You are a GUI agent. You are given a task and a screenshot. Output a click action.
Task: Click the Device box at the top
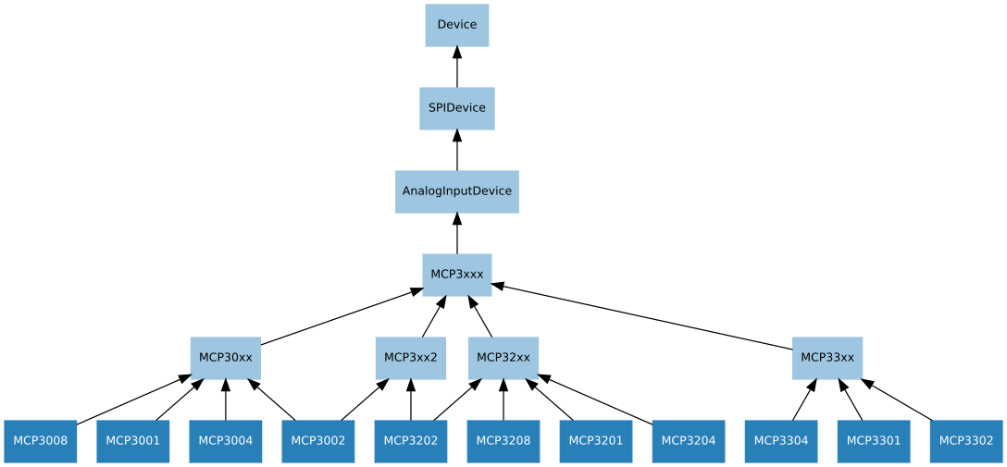pyautogui.click(x=456, y=25)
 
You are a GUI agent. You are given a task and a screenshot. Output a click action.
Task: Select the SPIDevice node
pyautogui.click(x=456, y=108)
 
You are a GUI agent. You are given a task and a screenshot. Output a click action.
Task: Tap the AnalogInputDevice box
pyautogui.click(x=456, y=191)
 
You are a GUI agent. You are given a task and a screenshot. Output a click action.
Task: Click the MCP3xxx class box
pyautogui.click(x=456, y=275)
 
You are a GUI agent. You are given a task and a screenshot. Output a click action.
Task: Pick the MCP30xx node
pyautogui.click(x=225, y=358)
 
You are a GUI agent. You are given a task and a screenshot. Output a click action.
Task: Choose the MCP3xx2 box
pyautogui.click(x=410, y=358)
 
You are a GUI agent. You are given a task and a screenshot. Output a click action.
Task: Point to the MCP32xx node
pyautogui.click(x=503, y=358)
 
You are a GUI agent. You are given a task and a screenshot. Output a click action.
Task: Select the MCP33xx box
pyautogui.click(x=827, y=358)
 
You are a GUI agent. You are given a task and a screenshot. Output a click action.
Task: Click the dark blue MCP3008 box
pyautogui.click(x=40, y=441)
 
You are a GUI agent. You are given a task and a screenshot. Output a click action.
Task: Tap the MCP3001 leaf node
pyautogui.click(x=132, y=441)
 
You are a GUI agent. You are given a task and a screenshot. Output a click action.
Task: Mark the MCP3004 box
pyautogui.click(x=225, y=441)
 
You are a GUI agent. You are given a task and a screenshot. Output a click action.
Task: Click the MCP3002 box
pyautogui.click(x=317, y=441)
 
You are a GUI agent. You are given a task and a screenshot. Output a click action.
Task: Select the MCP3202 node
pyautogui.click(x=410, y=441)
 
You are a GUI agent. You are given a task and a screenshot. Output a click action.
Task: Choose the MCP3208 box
pyautogui.click(x=503, y=441)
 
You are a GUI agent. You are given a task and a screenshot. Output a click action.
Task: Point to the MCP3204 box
pyautogui.click(x=688, y=441)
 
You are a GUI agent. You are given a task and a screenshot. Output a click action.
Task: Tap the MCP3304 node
pyautogui.click(x=780, y=441)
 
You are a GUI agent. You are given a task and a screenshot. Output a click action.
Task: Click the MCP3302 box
pyautogui.click(x=965, y=441)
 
